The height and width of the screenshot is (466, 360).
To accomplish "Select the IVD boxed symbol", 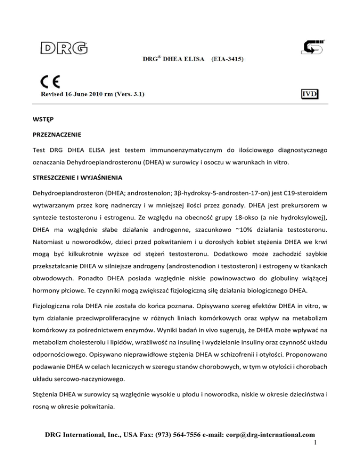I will coord(310,94).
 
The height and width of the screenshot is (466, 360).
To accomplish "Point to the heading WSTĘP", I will coord(51,119).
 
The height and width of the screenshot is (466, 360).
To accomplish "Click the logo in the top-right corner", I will coord(310,48).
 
